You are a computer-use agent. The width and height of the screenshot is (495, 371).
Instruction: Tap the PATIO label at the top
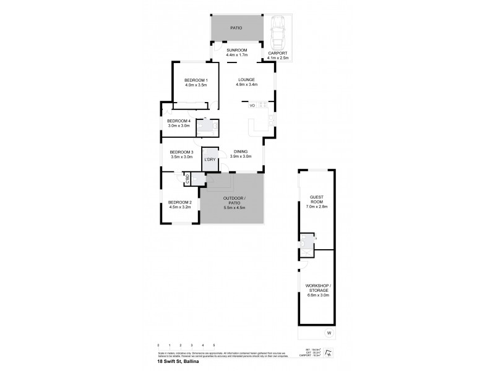click(x=236, y=28)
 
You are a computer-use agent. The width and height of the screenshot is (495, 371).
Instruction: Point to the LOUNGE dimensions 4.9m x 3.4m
click(x=246, y=85)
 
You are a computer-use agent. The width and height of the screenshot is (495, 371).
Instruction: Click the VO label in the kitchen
click(x=252, y=106)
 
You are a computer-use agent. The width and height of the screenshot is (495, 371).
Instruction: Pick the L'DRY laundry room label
click(x=210, y=160)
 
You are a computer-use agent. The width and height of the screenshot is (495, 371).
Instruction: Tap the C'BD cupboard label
click(x=186, y=179)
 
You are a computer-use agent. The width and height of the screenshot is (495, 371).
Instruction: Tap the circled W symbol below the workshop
click(x=329, y=333)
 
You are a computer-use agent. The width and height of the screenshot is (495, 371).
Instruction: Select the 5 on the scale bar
click(x=214, y=345)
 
